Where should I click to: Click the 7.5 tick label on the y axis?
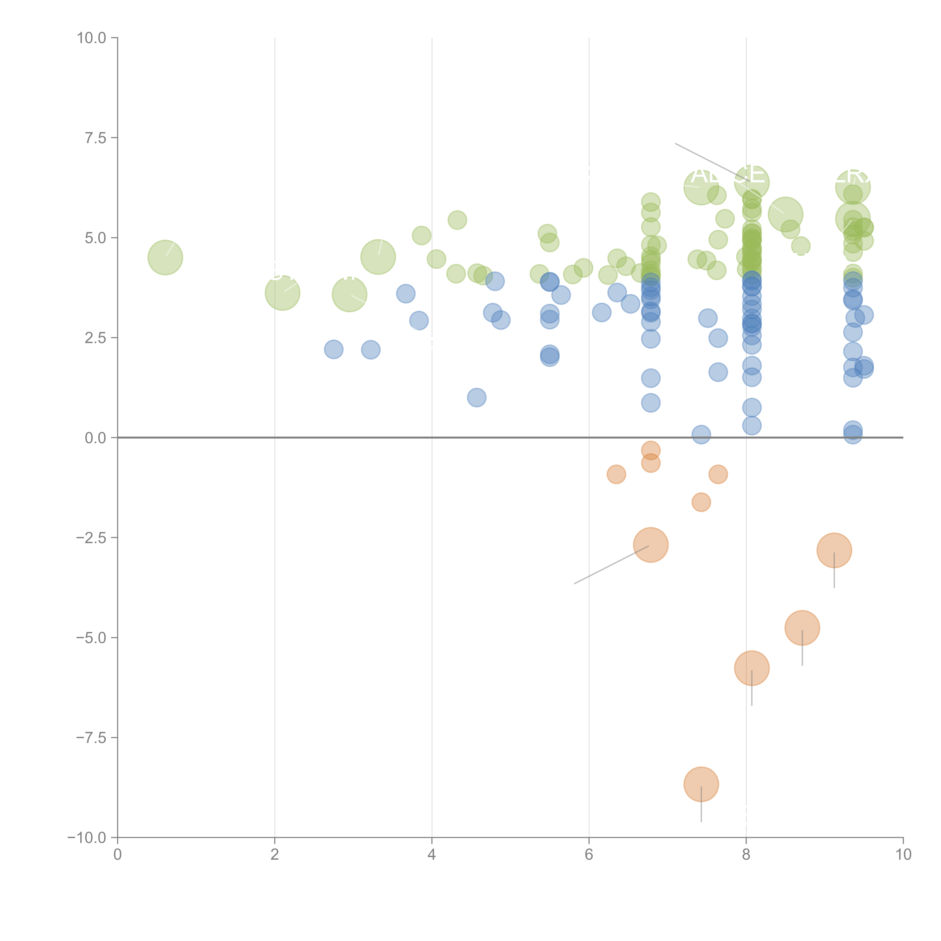pos(95,138)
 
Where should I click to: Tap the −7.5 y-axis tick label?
pos(91,737)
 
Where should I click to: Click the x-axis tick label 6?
pos(589,855)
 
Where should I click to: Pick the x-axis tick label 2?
pos(275,855)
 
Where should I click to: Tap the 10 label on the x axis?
pos(903,855)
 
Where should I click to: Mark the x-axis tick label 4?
pos(432,855)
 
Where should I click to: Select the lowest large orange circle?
pos(701,784)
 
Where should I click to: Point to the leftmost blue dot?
pos(334,349)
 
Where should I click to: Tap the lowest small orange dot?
pos(701,502)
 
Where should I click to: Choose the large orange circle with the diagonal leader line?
pos(651,545)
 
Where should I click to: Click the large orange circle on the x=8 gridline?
pos(751,668)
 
